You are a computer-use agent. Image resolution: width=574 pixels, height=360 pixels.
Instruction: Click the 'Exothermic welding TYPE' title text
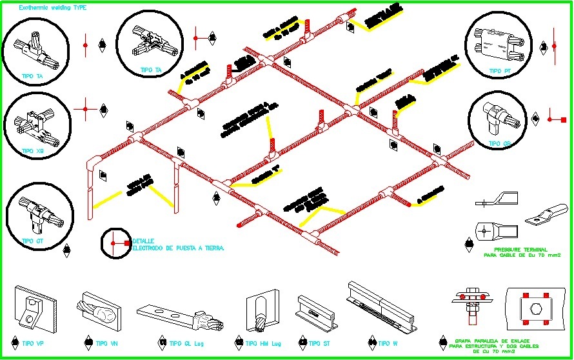(52, 8)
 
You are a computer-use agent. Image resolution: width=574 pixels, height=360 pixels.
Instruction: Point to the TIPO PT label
(500, 71)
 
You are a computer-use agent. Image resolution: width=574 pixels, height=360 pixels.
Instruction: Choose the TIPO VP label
(33, 343)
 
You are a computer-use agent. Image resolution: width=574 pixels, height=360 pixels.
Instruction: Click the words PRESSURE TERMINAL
(520, 249)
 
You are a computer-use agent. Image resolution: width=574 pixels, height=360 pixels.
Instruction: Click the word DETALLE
(143, 241)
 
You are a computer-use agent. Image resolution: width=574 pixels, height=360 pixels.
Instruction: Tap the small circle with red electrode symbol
(115, 243)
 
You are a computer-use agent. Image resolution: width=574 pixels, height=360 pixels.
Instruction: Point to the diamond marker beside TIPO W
(372, 343)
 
